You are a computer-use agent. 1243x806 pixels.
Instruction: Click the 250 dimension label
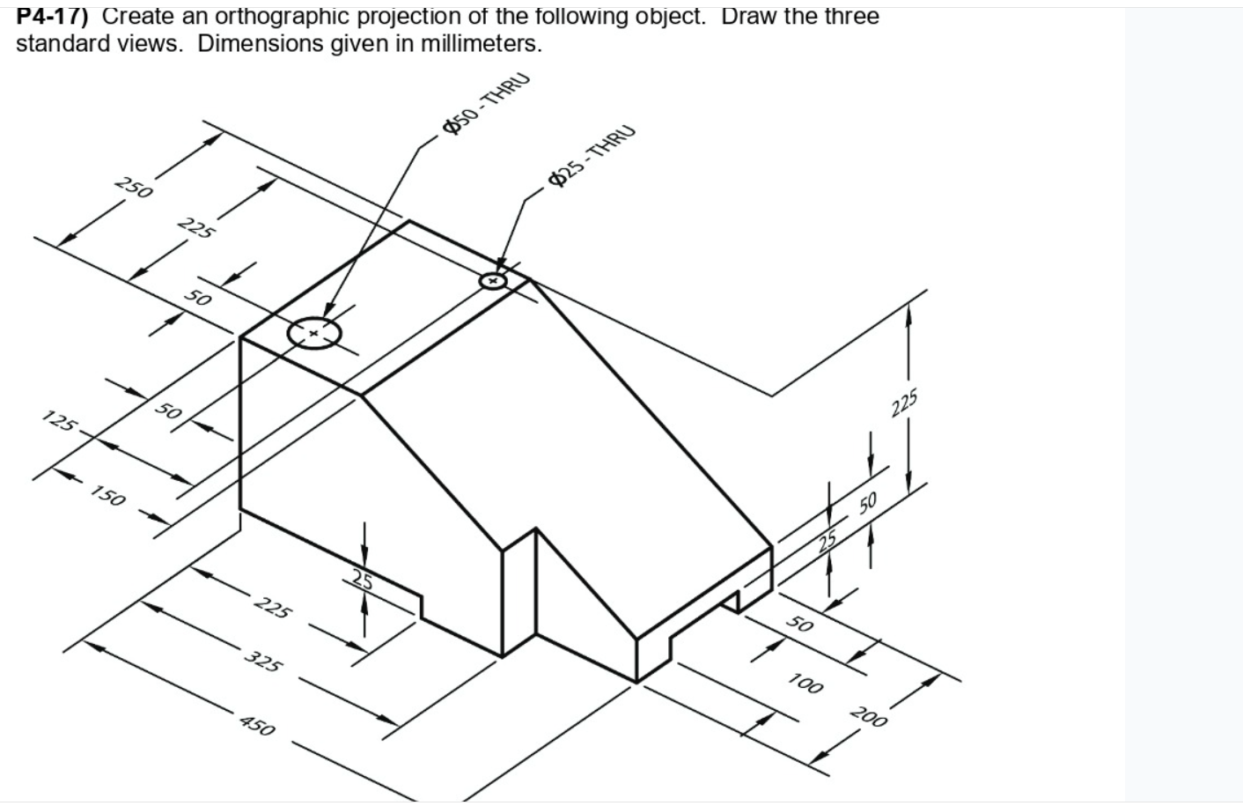(x=134, y=188)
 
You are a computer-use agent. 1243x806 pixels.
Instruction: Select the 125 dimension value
(x=59, y=422)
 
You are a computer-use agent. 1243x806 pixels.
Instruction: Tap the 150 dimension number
(x=108, y=498)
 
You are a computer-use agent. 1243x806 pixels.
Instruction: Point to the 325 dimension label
(x=262, y=661)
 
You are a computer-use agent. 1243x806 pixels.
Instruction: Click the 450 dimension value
(x=257, y=727)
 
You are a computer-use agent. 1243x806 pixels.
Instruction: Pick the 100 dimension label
(x=805, y=683)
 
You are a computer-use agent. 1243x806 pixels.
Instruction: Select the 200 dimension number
(x=869, y=717)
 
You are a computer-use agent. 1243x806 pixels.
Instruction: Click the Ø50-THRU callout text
(x=487, y=103)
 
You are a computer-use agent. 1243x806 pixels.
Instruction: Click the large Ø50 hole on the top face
(x=313, y=333)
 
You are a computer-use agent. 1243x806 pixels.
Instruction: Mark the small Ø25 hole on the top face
(x=493, y=281)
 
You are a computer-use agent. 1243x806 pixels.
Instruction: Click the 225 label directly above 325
(x=273, y=608)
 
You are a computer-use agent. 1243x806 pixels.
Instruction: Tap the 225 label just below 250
(x=195, y=228)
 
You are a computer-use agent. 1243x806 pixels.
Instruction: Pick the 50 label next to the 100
(x=799, y=625)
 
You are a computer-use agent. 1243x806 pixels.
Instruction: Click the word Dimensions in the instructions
(x=260, y=44)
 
